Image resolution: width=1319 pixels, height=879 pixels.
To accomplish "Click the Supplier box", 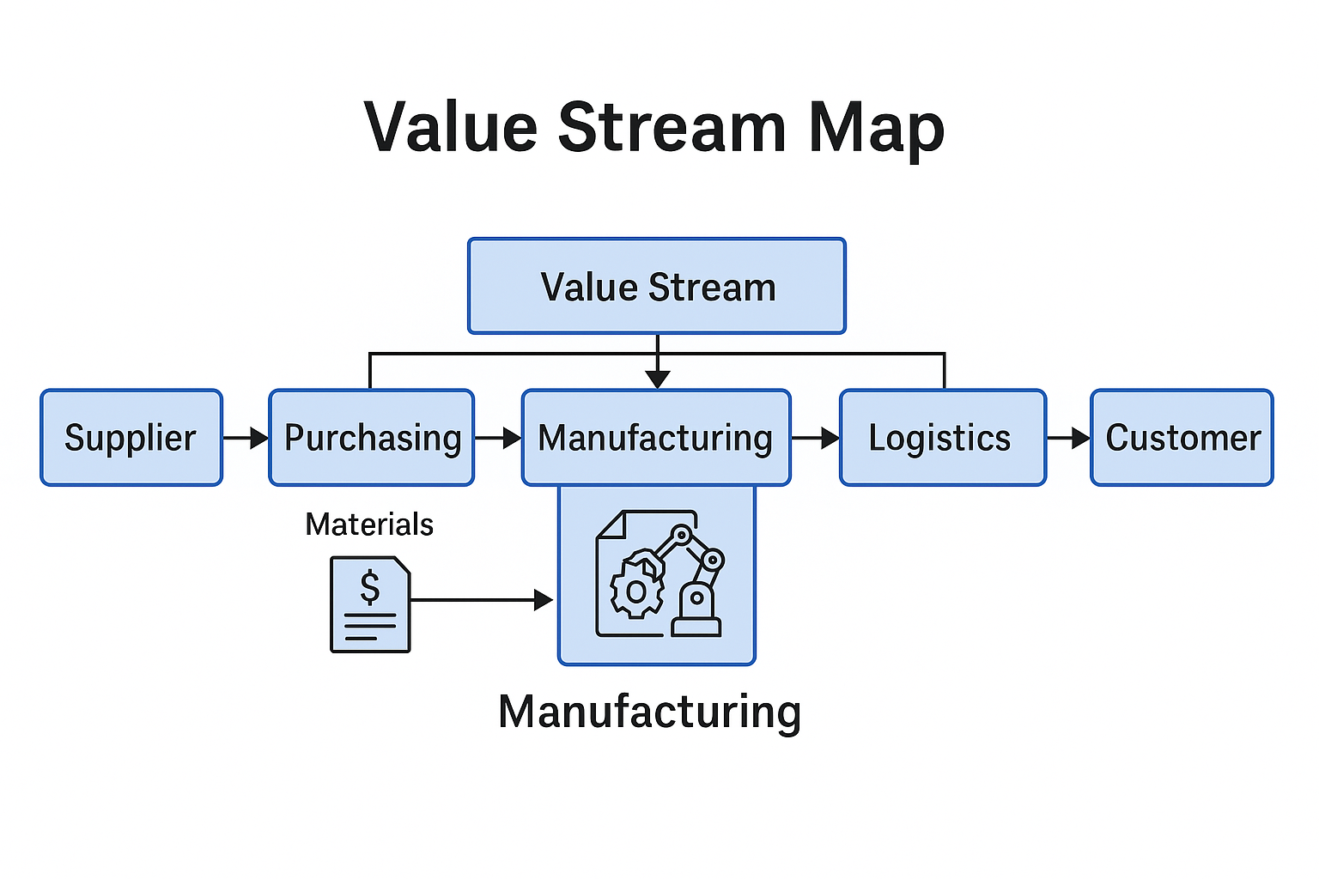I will click(x=131, y=438).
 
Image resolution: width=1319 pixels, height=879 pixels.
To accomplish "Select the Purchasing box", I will click(x=372, y=438).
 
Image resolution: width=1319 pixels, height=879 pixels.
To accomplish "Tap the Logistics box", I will click(x=942, y=438).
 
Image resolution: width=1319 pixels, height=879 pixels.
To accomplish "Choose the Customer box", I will click(x=1182, y=438).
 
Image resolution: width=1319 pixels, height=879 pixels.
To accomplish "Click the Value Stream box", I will click(x=657, y=287).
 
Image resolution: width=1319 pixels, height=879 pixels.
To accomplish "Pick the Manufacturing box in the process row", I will click(x=656, y=438).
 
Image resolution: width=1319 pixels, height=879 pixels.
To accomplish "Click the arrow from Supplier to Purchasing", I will click(x=246, y=439).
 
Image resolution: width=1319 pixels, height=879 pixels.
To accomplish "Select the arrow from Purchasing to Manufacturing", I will click(x=498, y=439).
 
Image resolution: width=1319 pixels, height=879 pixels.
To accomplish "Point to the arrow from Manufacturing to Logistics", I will click(x=815, y=439).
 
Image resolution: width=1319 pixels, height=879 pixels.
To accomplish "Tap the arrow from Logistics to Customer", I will click(x=1068, y=439).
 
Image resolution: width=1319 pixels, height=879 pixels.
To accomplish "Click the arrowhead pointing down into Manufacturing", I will click(x=658, y=379).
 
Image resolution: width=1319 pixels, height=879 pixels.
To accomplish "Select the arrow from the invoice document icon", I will click(x=481, y=600).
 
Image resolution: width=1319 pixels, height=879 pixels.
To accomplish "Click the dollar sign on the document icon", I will click(x=370, y=588).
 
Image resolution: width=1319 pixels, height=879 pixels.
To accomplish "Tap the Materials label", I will click(x=369, y=524).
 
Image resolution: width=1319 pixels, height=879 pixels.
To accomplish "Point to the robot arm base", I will click(x=696, y=616).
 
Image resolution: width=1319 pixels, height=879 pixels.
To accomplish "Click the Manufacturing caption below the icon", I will click(x=649, y=712).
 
